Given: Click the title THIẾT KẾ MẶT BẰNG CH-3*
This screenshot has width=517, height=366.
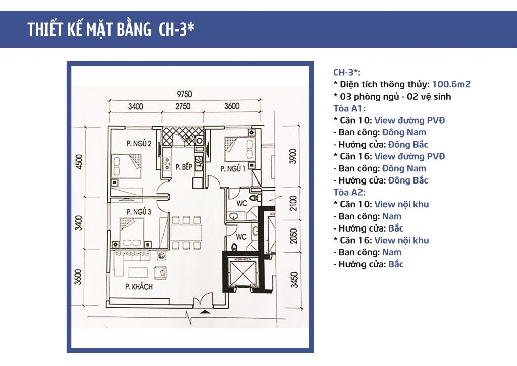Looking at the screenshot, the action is tap(111, 29).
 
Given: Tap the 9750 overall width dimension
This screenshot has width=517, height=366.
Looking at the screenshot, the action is tap(184, 94).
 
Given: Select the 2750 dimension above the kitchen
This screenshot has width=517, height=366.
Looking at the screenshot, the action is tap(183, 106).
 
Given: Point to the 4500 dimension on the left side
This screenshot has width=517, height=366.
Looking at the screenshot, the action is tap(79, 162).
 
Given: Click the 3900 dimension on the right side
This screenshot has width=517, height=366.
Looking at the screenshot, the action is tap(293, 156).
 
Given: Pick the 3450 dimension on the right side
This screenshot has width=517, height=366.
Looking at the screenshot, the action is tap(294, 280).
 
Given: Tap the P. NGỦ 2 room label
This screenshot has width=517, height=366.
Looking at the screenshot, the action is tap(139, 143).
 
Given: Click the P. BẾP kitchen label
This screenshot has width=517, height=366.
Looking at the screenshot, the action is tap(184, 167).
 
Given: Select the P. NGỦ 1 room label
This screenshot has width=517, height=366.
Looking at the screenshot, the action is tap(233, 169).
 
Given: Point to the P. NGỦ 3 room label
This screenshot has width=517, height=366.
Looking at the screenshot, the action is tap(139, 211).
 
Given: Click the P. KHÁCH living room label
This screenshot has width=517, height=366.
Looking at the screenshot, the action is tap(139, 286).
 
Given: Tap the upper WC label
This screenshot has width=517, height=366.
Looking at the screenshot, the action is tap(242, 203).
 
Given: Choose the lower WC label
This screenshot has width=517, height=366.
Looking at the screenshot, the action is tap(241, 237).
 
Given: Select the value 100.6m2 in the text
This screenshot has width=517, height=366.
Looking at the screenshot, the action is tap(451, 84).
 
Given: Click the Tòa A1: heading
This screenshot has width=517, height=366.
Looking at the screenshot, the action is tap(349, 108).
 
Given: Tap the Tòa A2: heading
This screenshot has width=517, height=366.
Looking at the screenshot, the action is tap(349, 192).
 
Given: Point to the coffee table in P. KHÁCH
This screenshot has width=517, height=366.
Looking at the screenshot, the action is tap(138, 272).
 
